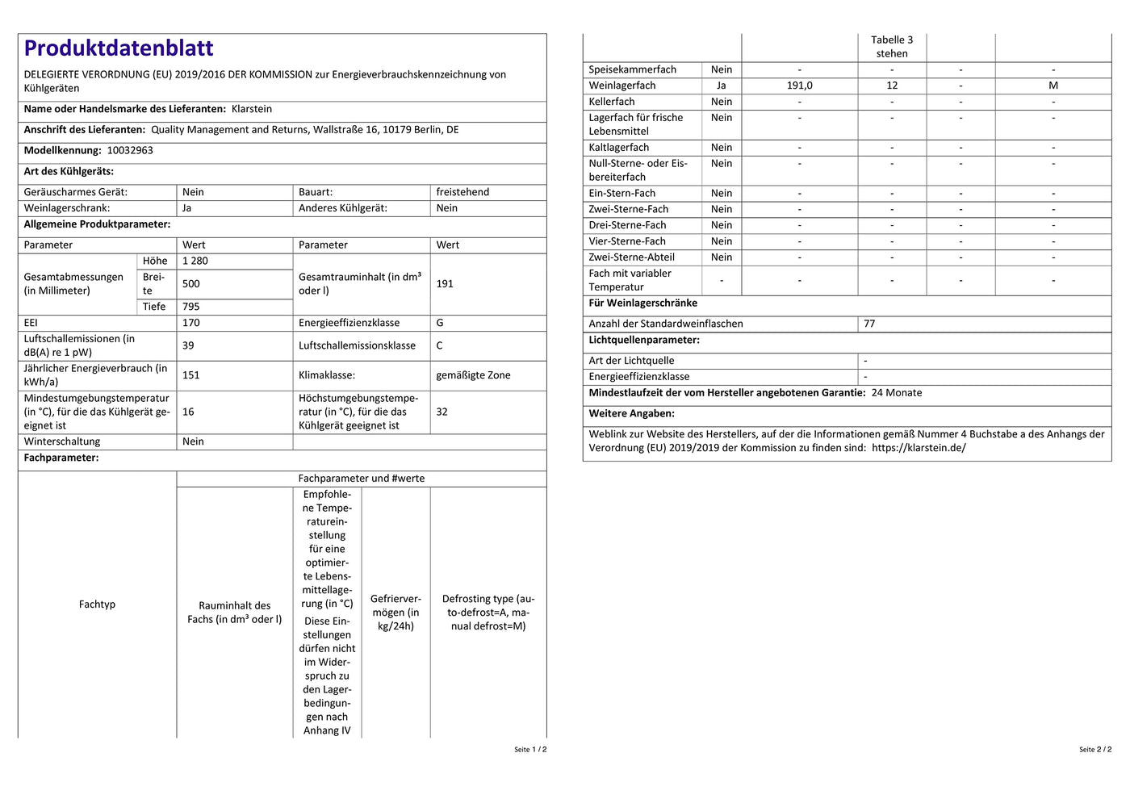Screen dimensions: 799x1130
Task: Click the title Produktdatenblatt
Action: [x=119, y=48]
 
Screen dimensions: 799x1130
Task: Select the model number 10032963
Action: [x=130, y=150]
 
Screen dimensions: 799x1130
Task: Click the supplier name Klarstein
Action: [x=252, y=109]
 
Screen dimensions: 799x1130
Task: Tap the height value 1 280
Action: [x=195, y=261]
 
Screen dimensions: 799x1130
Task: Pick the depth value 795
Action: [x=191, y=307]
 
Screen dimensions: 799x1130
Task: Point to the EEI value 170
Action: [x=191, y=323]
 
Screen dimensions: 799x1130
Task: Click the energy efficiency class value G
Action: [x=440, y=323]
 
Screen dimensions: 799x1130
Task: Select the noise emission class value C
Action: [x=440, y=345]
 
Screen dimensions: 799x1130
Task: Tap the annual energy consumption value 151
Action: [x=191, y=375]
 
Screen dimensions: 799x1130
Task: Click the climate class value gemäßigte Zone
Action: [x=473, y=375]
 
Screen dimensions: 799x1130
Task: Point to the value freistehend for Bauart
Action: [x=462, y=192]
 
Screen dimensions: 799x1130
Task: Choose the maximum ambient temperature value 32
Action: [x=442, y=412]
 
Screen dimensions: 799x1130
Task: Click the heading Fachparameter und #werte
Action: [x=362, y=479]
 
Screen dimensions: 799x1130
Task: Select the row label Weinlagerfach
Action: [x=622, y=86]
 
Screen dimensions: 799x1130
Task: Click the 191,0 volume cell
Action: [x=800, y=86]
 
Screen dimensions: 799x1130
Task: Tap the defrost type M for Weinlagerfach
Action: [x=1053, y=86]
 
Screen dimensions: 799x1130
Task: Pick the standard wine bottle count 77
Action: [x=869, y=324]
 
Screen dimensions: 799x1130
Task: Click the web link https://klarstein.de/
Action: [x=919, y=448]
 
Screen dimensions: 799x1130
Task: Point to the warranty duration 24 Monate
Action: [x=897, y=393]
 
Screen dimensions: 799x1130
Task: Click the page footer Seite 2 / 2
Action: [x=1095, y=750]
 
